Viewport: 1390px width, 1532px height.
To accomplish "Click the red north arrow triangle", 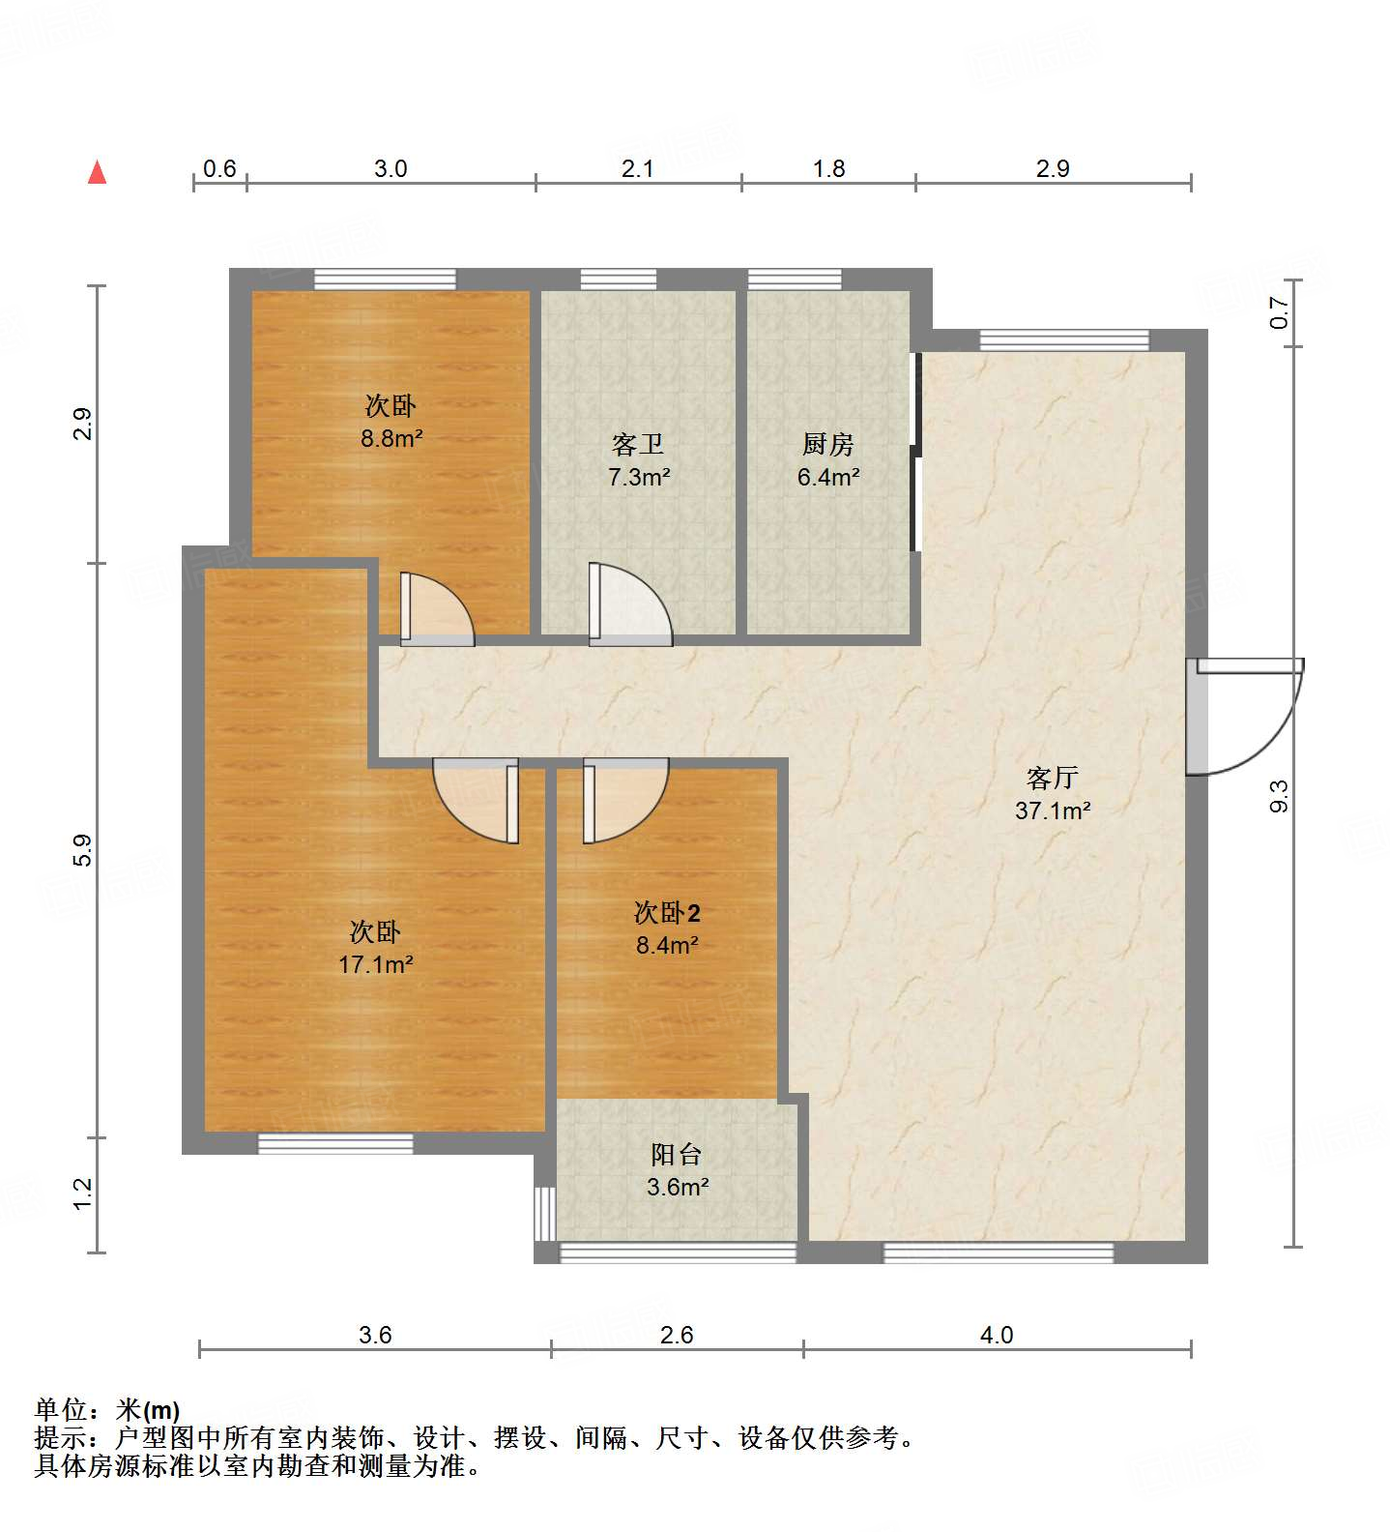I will pos(97,173).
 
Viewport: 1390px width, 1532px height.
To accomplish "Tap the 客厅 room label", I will pos(1052,778).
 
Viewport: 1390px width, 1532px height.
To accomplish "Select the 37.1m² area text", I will pos(1053,810).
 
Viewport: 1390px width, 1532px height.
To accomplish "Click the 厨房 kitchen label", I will pos(828,445).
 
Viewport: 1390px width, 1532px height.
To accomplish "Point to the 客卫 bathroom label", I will pos(638,445).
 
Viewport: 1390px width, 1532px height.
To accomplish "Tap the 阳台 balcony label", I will pos(676,1154).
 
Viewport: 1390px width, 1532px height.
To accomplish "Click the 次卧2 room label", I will pos(667,912).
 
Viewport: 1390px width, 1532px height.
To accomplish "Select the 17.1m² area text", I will pos(376,964).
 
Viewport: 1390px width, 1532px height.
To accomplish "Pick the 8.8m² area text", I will pos(391,438).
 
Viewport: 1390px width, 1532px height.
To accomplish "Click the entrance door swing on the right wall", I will pos(1247,716).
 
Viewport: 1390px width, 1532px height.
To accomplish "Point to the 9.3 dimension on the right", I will pos(1279,795).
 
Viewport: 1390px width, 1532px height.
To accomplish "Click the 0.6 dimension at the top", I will pos(219,168).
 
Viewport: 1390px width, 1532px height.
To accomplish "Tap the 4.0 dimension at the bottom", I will pos(997,1335).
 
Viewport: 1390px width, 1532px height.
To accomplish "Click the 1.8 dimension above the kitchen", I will pos(828,168).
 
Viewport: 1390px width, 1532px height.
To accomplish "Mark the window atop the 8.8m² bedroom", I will pos(385,280).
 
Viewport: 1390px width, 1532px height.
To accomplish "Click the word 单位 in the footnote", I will pos(61,1409).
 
